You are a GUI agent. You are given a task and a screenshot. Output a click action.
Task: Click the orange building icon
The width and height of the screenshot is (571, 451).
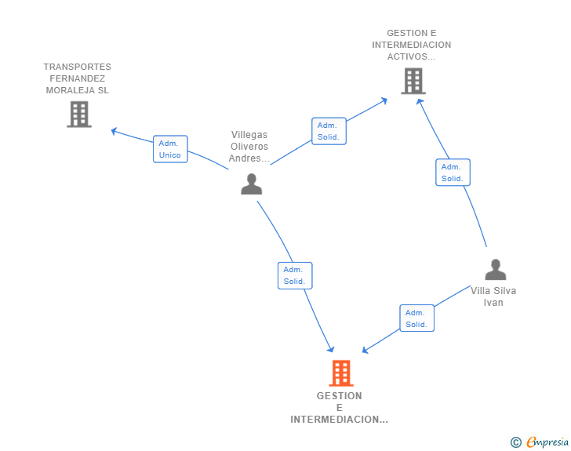[341, 373]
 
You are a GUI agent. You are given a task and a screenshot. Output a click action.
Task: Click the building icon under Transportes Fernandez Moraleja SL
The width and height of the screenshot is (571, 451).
[79, 115]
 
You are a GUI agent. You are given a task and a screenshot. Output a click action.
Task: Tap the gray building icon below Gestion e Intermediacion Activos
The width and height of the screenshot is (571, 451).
[413, 81]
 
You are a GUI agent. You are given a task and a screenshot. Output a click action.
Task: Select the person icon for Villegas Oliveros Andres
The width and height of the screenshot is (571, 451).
[251, 184]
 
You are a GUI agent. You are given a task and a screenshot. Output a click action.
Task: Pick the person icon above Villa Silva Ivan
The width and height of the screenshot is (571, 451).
[496, 270]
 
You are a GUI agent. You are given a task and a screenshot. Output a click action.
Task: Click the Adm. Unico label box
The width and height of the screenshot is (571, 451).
[170, 149]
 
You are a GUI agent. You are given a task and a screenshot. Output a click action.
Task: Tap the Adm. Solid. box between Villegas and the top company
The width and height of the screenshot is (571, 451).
[329, 131]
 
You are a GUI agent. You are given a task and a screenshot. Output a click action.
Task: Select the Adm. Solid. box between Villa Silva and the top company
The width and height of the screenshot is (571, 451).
[453, 173]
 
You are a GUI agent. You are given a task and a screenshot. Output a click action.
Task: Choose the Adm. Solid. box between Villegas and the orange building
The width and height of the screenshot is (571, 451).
[295, 276]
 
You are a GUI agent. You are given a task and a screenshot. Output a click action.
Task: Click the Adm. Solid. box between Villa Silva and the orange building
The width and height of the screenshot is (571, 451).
[417, 318]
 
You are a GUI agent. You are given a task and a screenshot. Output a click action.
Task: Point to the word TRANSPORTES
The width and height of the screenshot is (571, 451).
[77, 67]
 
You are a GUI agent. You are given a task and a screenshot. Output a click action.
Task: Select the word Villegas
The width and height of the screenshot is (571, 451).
[249, 135]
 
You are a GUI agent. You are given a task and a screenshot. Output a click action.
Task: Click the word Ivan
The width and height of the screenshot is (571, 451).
[493, 303]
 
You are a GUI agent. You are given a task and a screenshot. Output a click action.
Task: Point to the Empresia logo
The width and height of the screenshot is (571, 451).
[547, 442]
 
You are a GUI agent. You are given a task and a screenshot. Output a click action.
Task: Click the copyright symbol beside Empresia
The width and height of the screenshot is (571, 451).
[515, 442]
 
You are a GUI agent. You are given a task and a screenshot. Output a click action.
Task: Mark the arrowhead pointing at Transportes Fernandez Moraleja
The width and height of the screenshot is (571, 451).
[114, 131]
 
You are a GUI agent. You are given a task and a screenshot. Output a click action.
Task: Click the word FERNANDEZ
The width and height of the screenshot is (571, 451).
[77, 78]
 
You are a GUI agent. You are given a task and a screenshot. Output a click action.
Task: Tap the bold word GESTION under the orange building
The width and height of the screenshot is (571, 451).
[340, 396]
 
